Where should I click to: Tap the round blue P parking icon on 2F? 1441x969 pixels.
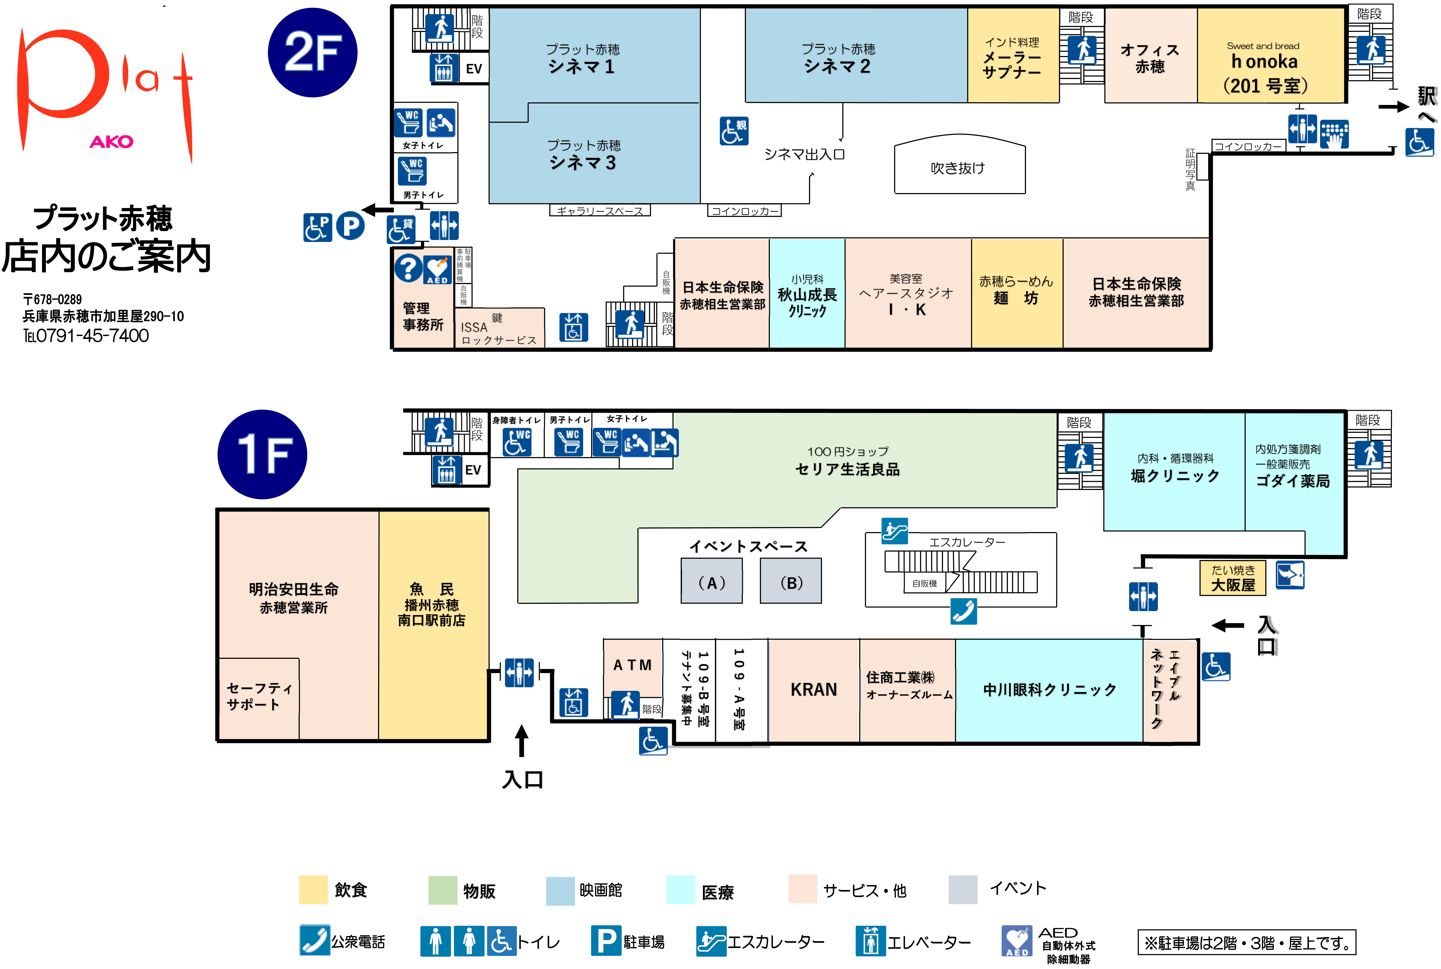tap(350, 226)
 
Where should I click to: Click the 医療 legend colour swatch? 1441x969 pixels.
tap(681, 890)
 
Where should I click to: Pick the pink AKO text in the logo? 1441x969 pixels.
tap(111, 141)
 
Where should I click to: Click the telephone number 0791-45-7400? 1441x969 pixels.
tap(93, 336)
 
